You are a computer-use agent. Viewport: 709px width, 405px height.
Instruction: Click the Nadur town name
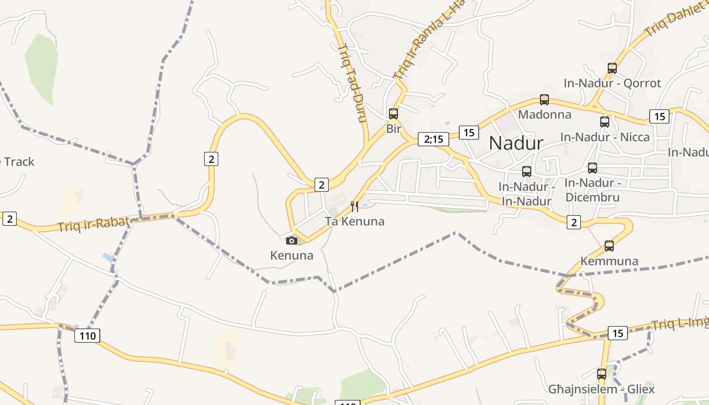[x=516, y=143]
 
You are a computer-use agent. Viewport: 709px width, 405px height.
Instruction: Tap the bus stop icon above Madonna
[x=544, y=100]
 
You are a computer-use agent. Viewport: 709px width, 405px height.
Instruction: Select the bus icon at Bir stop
[x=393, y=114]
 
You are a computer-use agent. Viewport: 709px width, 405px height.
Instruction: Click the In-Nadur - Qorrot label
[x=612, y=83]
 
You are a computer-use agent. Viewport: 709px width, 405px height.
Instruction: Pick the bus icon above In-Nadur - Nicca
[x=605, y=121]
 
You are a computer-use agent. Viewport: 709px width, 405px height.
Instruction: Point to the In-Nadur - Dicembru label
[x=592, y=189]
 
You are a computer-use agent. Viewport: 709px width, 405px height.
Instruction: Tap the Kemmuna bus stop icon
[x=609, y=246]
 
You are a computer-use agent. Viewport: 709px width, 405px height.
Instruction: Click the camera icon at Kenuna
[x=292, y=240]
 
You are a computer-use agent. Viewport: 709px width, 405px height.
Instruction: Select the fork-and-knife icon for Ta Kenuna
[x=354, y=206]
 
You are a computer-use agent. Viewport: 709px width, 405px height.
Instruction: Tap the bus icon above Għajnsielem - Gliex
[x=602, y=374]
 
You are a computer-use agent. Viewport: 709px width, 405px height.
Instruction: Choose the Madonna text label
[x=544, y=114]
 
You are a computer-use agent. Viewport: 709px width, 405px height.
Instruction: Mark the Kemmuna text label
[x=609, y=261]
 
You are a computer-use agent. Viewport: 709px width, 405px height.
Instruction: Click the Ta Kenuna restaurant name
[x=354, y=221]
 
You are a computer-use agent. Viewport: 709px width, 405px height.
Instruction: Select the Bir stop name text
[x=393, y=129]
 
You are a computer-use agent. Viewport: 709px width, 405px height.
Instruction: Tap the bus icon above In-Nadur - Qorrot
[x=612, y=68]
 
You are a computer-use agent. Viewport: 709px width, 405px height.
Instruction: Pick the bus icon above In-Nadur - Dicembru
[x=593, y=168]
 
